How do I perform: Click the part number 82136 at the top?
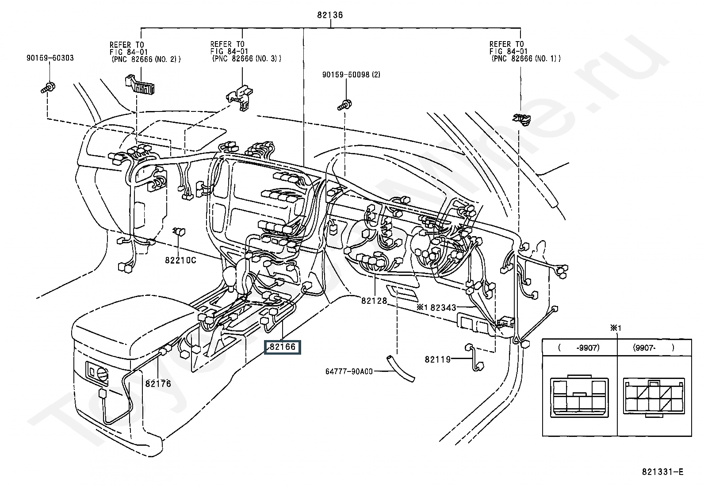pos(330,15)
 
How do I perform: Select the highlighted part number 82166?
pos(283,347)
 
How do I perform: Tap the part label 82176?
pos(158,383)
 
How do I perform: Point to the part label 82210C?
pos(180,260)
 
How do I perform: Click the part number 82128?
pos(374,301)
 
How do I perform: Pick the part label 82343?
pos(443,307)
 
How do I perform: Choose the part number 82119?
pos(438,359)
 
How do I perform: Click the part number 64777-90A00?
pos(349,371)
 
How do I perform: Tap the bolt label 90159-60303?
pos(50,58)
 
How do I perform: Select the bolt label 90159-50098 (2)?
pos(351,74)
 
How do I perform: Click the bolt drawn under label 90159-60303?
pos(48,88)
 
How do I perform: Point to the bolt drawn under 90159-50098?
pos(344,105)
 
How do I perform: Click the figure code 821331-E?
pos(662,471)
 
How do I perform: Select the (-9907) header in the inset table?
pos(579,348)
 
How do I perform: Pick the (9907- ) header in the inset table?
pos(654,348)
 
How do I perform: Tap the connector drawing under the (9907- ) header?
pos(654,398)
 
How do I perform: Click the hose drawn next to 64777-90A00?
pos(400,368)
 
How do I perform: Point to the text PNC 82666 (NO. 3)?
pos(247,58)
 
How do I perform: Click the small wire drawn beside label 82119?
pos(474,357)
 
